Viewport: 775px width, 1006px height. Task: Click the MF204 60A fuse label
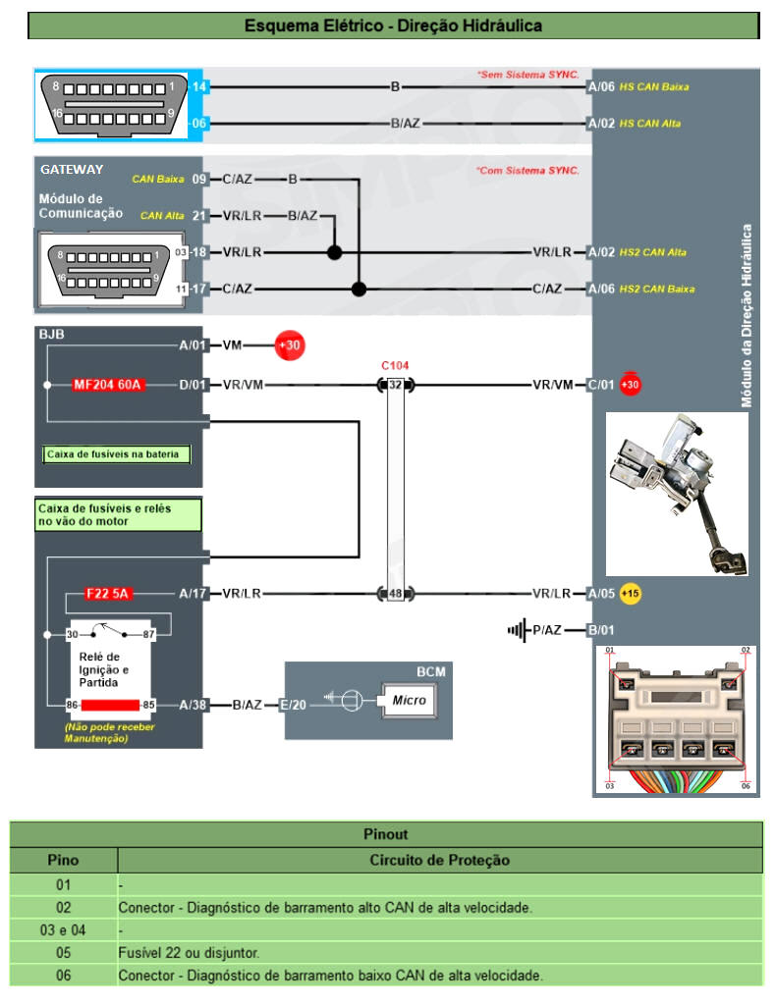pos(108,385)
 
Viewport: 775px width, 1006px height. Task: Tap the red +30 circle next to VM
pos(290,345)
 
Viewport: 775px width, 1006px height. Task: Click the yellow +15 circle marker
pos(630,594)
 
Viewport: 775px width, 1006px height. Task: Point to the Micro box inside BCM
pos(409,701)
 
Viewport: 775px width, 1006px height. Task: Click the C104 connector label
pos(395,365)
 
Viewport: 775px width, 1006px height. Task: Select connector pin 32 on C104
pos(395,385)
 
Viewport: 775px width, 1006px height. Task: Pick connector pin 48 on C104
pos(395,594)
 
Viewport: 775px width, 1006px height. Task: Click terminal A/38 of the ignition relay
pos(192,705)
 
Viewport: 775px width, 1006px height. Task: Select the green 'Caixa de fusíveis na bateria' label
pos(118,454)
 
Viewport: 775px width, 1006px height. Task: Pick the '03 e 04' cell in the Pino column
pos(63,929)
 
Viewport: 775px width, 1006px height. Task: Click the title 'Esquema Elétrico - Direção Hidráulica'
pos(393,26)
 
